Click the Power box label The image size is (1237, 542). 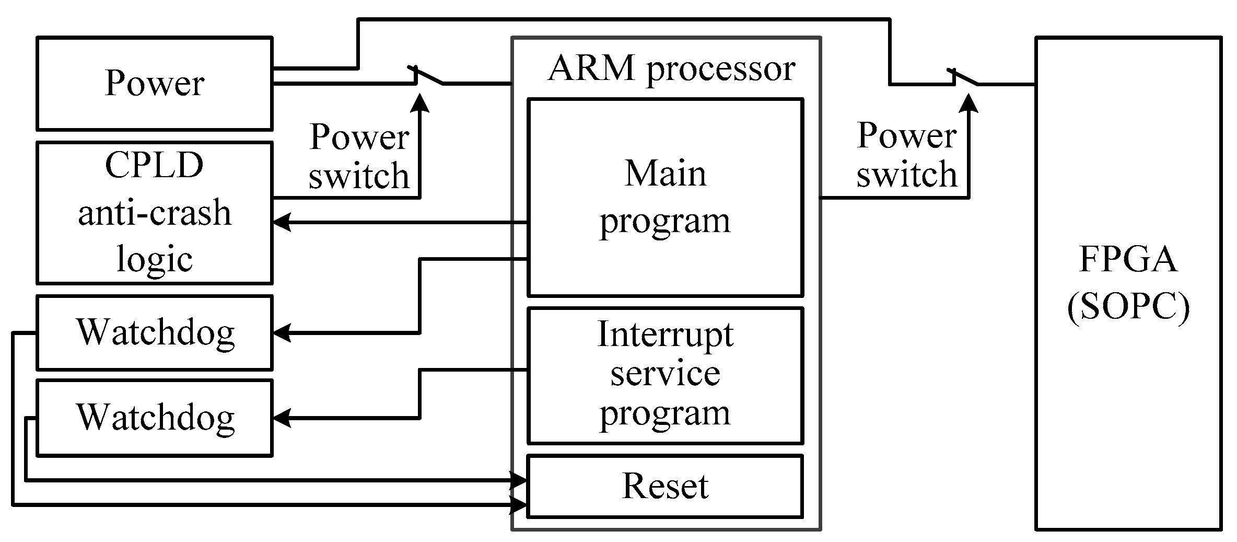[154, 83]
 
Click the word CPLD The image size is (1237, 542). [154, 165]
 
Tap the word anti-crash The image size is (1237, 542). [154, 213]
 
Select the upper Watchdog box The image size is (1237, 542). [155, 333]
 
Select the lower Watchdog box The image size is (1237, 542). [155, 418]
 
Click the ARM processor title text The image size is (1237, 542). [671, 68]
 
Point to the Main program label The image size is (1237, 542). [665, 197]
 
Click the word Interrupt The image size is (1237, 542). [665, 334]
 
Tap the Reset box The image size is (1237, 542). [665, 486]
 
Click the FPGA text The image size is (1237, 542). [1128, 259]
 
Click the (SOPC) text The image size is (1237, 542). [1128, 307]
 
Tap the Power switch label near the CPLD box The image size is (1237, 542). [359, 156]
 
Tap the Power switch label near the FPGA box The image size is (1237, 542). [906, 155]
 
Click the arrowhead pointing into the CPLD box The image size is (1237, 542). [281, 223]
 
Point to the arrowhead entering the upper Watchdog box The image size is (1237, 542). [281, 333]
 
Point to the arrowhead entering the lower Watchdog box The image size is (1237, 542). [281, 418]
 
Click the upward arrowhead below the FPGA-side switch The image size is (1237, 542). [969, 103]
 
